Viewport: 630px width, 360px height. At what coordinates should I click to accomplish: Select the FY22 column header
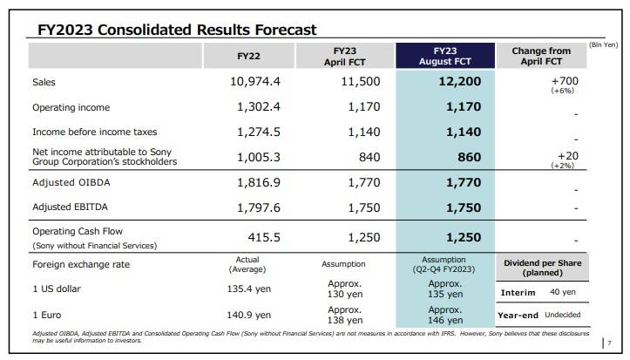[249, 56]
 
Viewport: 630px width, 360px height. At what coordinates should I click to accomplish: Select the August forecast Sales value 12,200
[454, 81]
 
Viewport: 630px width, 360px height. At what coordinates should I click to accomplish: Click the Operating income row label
[71, 107]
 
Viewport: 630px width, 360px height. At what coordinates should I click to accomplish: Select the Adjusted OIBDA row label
[68, 185]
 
